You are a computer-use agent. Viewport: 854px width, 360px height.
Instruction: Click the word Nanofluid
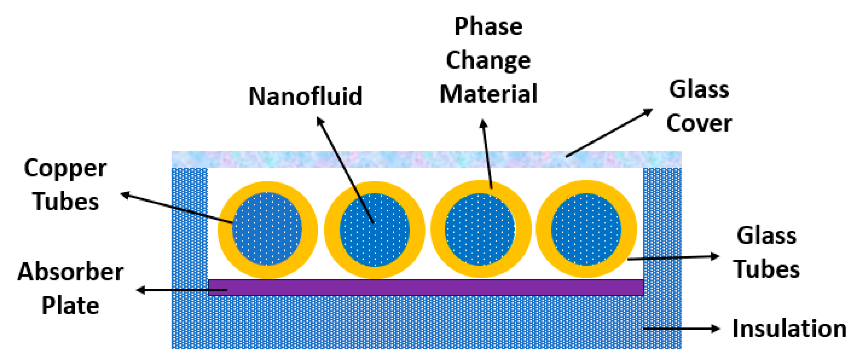point(305,96)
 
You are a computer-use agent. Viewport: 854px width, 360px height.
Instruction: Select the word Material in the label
point(488,94)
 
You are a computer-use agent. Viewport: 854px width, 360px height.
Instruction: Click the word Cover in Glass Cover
point(699,123)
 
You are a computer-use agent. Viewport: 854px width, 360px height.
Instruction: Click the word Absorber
point(70,272)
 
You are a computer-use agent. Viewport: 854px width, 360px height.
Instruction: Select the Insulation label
point(789,329)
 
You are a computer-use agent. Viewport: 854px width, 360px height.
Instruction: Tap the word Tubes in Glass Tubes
point(767,269)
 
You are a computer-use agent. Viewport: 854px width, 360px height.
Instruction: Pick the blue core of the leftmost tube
point(267,229)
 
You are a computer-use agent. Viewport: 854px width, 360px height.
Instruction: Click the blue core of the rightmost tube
point(586,229)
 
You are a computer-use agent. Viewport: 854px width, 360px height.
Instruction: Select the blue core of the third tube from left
point(480,229)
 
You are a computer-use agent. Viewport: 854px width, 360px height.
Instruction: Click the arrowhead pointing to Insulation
point(715,329)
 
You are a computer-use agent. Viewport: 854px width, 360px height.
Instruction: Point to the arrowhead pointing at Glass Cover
point(648,112)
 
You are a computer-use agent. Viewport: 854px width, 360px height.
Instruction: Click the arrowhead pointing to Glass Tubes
point(715,256)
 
